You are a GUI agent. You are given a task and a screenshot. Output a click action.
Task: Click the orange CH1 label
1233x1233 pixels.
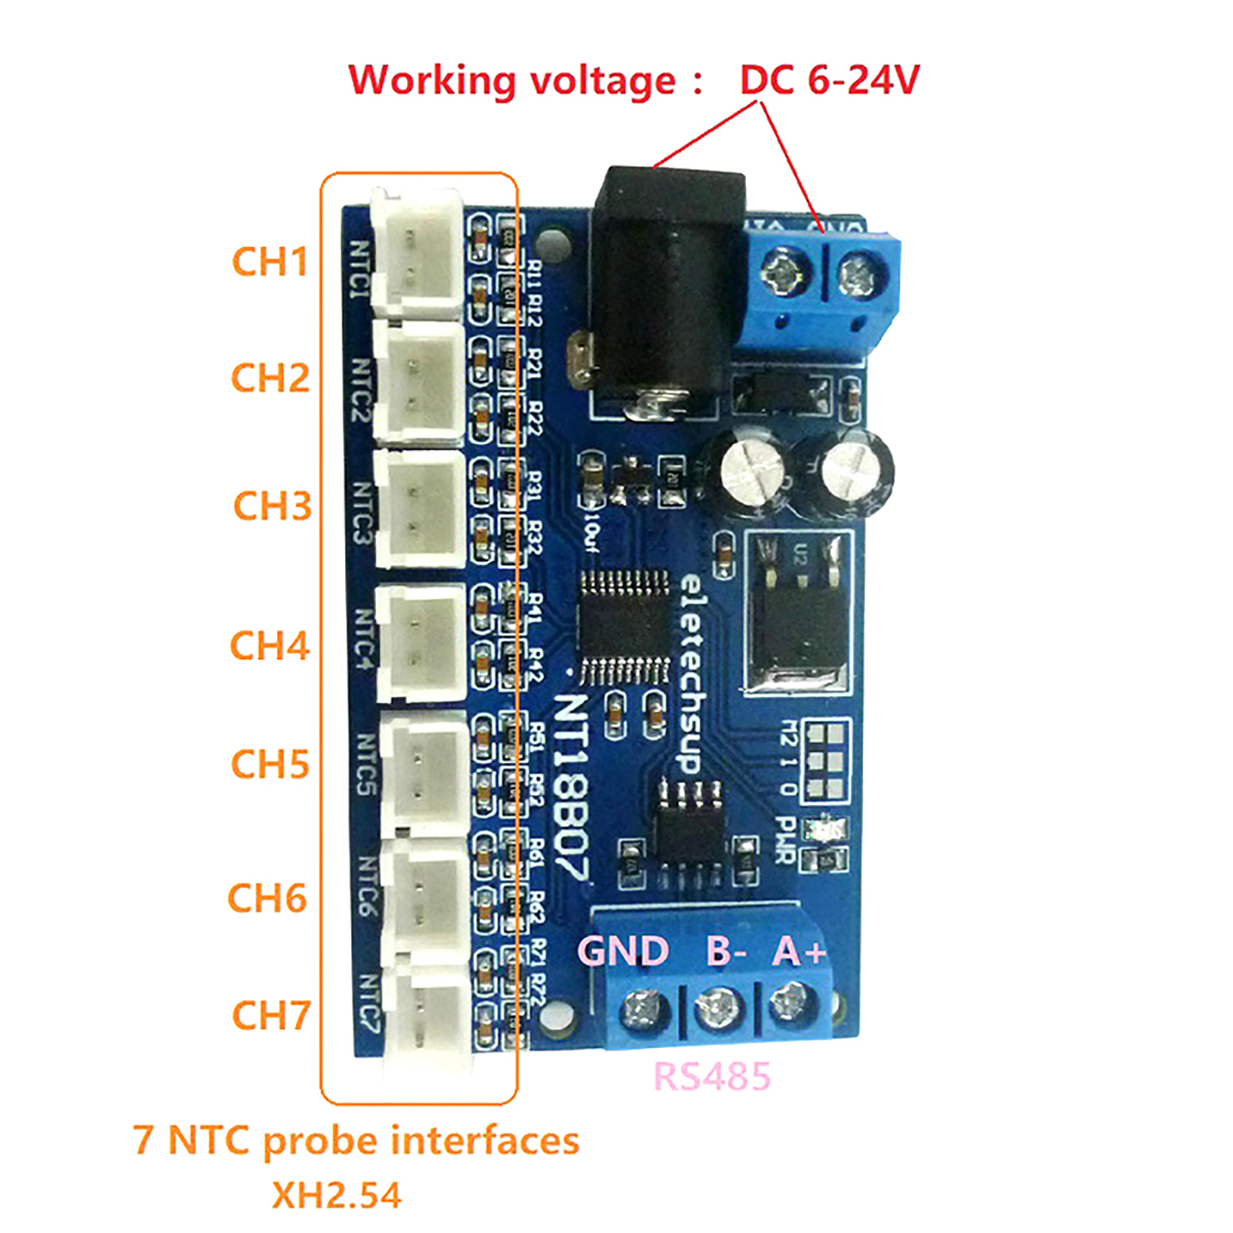[270, 261]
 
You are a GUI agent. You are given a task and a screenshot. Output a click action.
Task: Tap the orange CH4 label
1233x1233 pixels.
[270, 645]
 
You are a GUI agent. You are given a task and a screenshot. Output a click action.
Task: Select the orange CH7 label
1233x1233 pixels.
[271, 1015]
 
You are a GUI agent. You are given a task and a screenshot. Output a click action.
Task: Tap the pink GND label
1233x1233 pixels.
[623, 951]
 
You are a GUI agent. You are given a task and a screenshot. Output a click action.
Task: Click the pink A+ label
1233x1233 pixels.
[799, 951]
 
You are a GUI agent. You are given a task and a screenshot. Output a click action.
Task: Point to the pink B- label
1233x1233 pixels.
[725, 951]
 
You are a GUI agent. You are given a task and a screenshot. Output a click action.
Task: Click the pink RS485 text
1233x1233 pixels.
[711, 1077]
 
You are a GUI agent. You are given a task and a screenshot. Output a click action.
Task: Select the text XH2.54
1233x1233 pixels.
[337, 1195]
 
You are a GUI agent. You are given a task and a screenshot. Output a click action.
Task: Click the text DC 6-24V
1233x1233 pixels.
[829, 79]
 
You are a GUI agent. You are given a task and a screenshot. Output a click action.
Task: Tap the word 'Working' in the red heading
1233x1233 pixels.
[432, 81]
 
